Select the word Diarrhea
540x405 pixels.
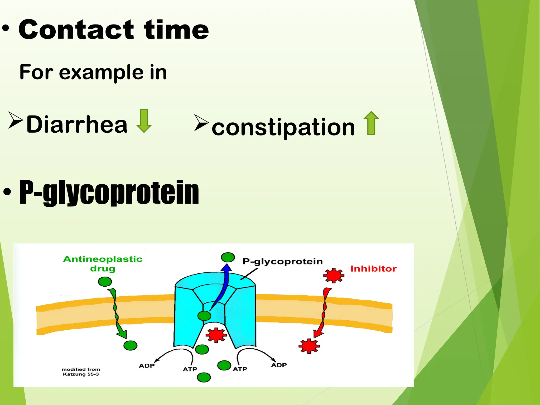(77, 124)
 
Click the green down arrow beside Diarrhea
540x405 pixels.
(144, 121)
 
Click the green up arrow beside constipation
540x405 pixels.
(371, 123)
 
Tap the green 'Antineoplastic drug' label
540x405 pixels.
(103, 264)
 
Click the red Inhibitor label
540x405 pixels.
(373, 269)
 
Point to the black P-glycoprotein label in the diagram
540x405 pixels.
(282, 261)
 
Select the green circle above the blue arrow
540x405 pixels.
(228, 257)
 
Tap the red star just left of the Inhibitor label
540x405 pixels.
(334, 276)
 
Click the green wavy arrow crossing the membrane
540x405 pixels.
(116, 312)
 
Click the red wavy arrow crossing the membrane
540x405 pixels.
(323, 312)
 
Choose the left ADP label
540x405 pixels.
(147, 366)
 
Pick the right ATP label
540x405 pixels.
(240, 369)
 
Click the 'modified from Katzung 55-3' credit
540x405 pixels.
(81, 372)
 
